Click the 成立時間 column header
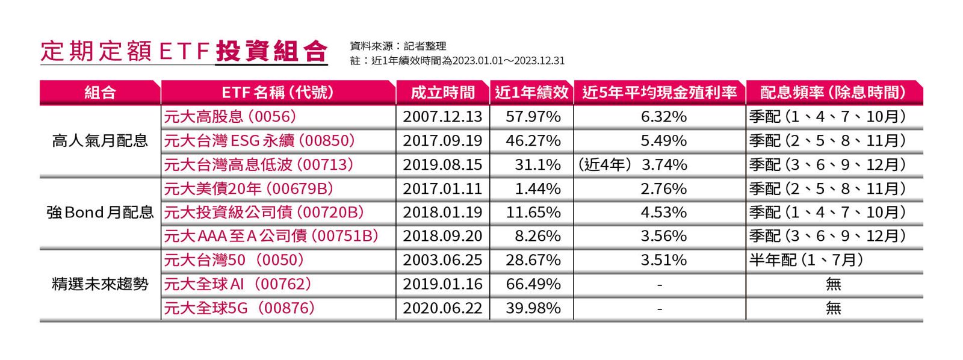pos(442,92)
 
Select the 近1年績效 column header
pos(531,92)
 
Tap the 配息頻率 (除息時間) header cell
pos(834,92)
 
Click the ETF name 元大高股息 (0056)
pos(231,116)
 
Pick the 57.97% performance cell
pos(533,116)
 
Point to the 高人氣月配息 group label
pos(100,141)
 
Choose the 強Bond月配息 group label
pos(100,213)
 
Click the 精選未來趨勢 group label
pos(100,284)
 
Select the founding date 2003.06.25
pos(442,260)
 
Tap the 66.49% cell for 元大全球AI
pos(533,284)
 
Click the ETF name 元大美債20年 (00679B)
pos(249,188)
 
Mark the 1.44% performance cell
pos(537,188)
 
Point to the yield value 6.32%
pos(663,116)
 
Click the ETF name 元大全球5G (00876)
pos(240,308)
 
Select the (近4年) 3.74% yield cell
pos(632,164)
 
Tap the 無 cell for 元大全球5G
pos(833,308)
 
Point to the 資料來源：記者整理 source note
pos(398,46)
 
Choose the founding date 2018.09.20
pos(442,236)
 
